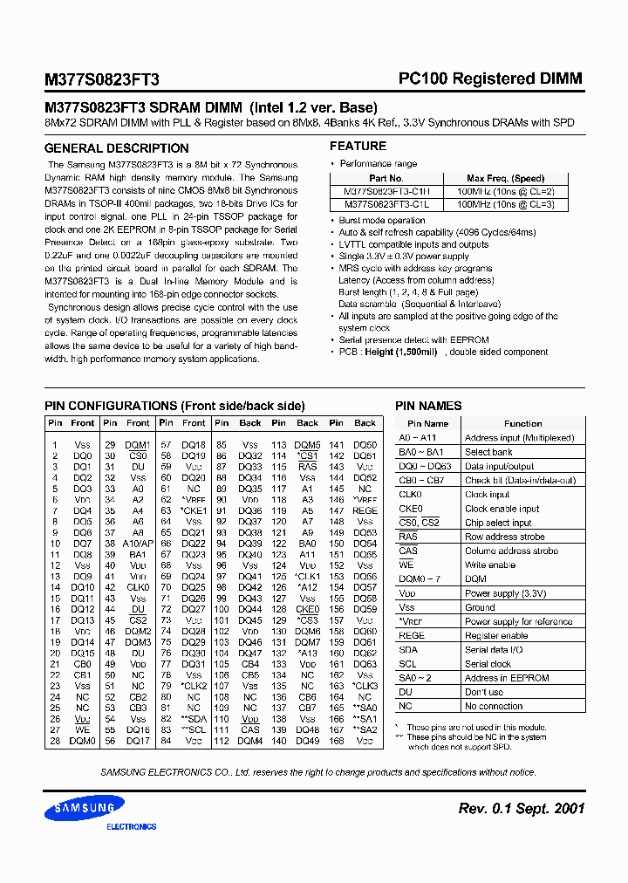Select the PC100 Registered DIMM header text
pos(490,79)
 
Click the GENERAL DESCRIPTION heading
pos(116,148)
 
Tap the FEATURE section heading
pos(358,147)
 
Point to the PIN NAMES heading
pos(428,406)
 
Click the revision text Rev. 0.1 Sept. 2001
pos(521,809)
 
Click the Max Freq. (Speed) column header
pos(505,179)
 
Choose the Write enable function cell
pos(490,565)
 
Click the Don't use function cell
pos(484,692)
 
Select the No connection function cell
pos(494,706)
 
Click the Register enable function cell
pos(496,636)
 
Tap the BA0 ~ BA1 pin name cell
pos(421,452)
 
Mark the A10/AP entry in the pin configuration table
pos(138,544)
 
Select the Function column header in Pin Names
pos(522,423)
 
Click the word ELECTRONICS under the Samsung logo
pos(132,825)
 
